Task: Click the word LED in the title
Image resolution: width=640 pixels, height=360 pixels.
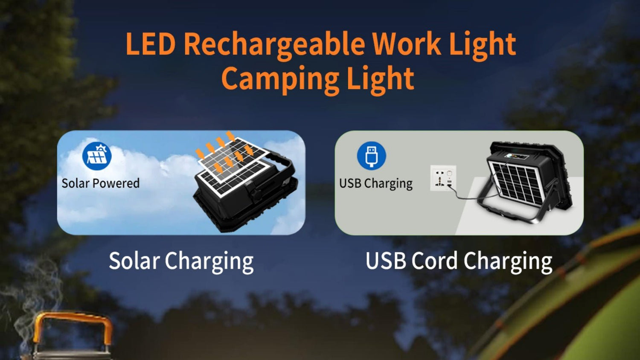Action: point(150,44)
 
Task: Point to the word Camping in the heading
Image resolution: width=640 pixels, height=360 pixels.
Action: point(279,80)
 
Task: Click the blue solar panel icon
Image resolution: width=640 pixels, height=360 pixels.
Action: point(97,156)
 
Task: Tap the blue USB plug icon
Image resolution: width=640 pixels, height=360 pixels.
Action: point(371,156)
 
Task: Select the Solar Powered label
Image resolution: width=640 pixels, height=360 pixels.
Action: point(101,183)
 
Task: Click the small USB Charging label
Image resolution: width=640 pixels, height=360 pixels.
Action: point(375,183)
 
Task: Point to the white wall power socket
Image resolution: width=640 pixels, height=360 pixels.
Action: point(443,178)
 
